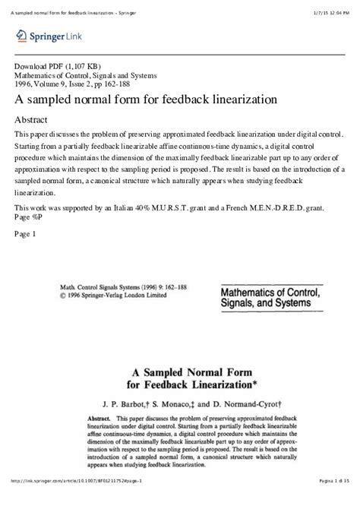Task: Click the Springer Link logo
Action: coord(43,35)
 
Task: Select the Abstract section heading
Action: coord(34,119)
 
